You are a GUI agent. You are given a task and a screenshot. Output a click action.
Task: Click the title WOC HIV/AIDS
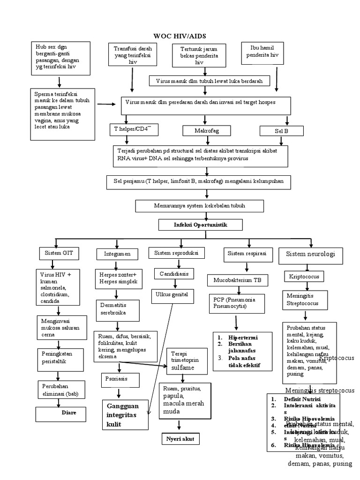pyautogui.click(x=180, y=36)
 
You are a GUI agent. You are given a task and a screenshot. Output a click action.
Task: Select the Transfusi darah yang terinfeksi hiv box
pyautogui.click(x=133, y=55)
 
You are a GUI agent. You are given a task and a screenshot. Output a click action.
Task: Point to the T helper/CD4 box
pyautogui.click(x=133, y=129)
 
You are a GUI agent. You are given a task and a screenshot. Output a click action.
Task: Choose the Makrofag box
pyautogui.click(x=206, y=130)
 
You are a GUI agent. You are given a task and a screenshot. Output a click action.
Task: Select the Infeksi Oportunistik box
pyautogui.click(x=200, y=225)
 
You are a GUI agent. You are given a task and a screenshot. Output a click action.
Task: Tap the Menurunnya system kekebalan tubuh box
pyautogui.click(x=200, y=206)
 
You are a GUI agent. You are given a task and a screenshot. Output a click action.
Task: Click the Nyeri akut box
pyautogui.click(x=180, y=439)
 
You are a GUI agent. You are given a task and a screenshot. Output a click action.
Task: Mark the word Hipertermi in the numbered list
pyautogui.click(x=243, y=337)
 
